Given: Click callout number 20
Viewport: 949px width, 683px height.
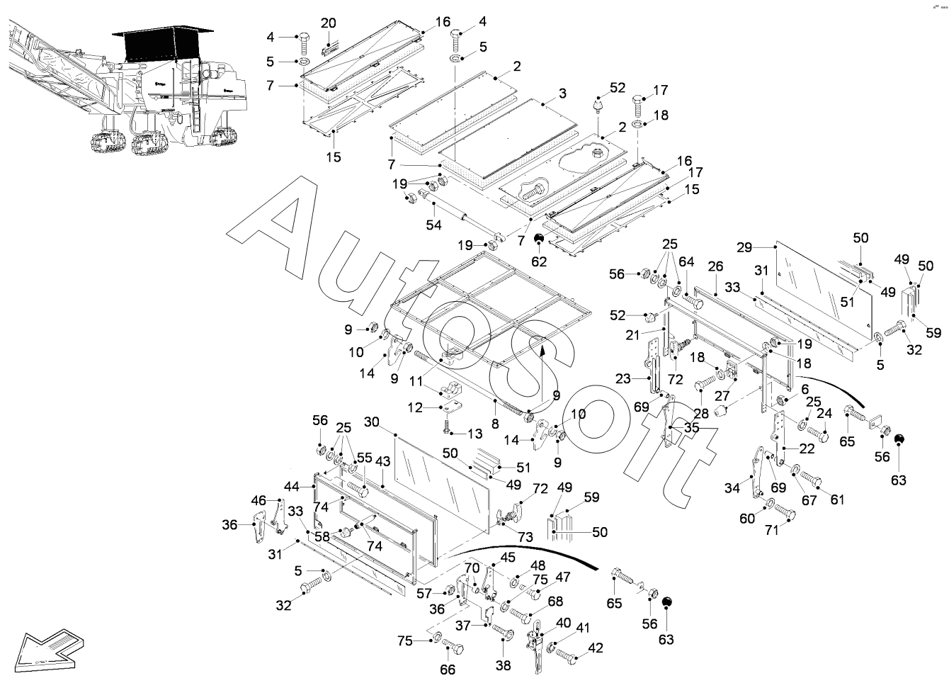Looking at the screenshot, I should [329, 23].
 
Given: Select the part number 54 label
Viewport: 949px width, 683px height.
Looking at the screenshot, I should [433, 225].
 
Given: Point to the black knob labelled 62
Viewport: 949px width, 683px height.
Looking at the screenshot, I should [539, 238].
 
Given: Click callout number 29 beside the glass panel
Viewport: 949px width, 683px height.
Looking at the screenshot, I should [743, 247].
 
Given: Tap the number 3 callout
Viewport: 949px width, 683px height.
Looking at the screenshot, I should [562, 94].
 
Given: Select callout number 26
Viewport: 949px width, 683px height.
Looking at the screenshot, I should [715, 266].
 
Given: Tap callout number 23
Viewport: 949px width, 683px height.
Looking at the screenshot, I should [623, 378].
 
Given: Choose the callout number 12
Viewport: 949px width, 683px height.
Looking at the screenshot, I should [416, 407].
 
